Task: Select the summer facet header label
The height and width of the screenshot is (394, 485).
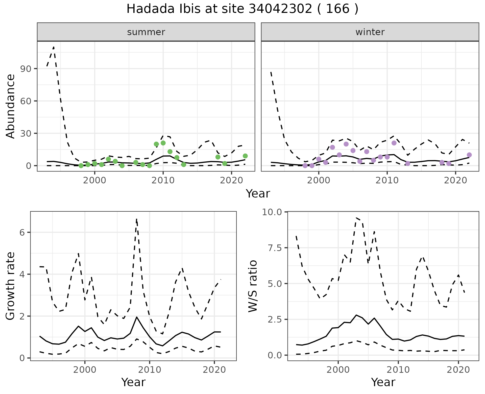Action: (x=146, y=32)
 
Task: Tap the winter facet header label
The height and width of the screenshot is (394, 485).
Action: (x=370, y=32)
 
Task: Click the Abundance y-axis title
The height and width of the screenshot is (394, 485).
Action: (x=11, y=106)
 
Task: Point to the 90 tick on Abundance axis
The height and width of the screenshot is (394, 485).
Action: (x=25, y=69)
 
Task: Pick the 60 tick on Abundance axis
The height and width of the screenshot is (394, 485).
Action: (x=25, y=101)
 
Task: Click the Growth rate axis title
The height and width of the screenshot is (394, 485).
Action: (x=11, y=286)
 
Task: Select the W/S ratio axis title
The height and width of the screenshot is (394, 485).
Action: (x=253, y=286)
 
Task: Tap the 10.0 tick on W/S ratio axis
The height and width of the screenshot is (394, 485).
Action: (x=272, y=212)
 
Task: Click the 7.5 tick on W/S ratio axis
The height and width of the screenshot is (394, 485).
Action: (x=274, y=248)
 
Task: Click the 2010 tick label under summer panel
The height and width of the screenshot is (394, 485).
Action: (x=163, y=180)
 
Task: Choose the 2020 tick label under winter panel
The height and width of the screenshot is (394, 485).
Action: (x=455, y=180)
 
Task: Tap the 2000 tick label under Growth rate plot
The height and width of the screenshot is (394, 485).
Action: (x=85, y=370)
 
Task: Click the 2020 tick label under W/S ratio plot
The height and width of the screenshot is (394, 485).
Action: (x=458, y=370)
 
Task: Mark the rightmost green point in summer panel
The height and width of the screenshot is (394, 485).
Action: (x=245, y=156)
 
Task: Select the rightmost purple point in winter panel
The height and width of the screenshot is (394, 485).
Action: (x=469, y=155)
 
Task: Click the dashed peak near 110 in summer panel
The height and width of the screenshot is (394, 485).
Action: (x=54, y=47)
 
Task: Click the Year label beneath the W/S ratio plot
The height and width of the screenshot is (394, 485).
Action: (x=383, y=382)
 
